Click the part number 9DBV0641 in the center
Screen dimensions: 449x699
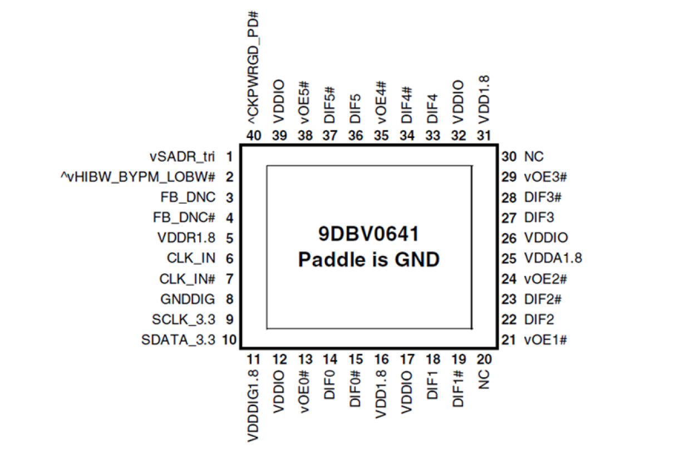click(x=368, y=234)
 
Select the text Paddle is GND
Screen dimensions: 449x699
click(x=368, y=259)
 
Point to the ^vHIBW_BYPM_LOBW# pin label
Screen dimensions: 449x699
click(x=138, y=177)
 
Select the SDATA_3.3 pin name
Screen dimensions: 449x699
click(x=178, y=340)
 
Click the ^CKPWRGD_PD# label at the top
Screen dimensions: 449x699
click(x=253, y=70)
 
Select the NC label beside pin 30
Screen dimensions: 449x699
click(x=534, y=156)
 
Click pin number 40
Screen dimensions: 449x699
click(x=253, y=135)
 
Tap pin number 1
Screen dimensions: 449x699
click(x=229, y=156)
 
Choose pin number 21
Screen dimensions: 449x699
click(x=509, y=340)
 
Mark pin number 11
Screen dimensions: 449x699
click(x=253, y=359)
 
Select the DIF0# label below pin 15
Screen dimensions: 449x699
click(x=355, y=388)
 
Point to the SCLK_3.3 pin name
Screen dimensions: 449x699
click(x=183, y=320)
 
